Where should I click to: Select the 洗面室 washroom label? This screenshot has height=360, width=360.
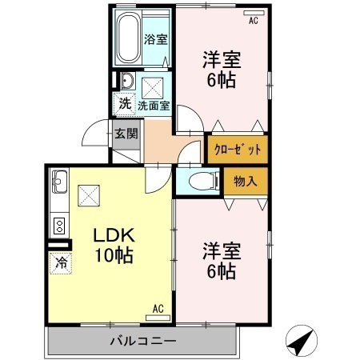click(x=153, y=105)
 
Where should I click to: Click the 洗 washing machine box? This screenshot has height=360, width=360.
click(x=125, y=103)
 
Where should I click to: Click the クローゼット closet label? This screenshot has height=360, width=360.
click(x=236, y=149)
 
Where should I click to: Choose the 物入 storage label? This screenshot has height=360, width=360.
click(x=244, y=182)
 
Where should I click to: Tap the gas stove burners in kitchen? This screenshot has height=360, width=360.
click(x=58, y=224)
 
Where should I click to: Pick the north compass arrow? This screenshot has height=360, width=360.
click(x=299, y=342)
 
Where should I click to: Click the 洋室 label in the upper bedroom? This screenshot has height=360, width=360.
click(x=221, y=60)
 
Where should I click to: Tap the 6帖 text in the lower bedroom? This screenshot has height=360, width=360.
click(x=221, y=271)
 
